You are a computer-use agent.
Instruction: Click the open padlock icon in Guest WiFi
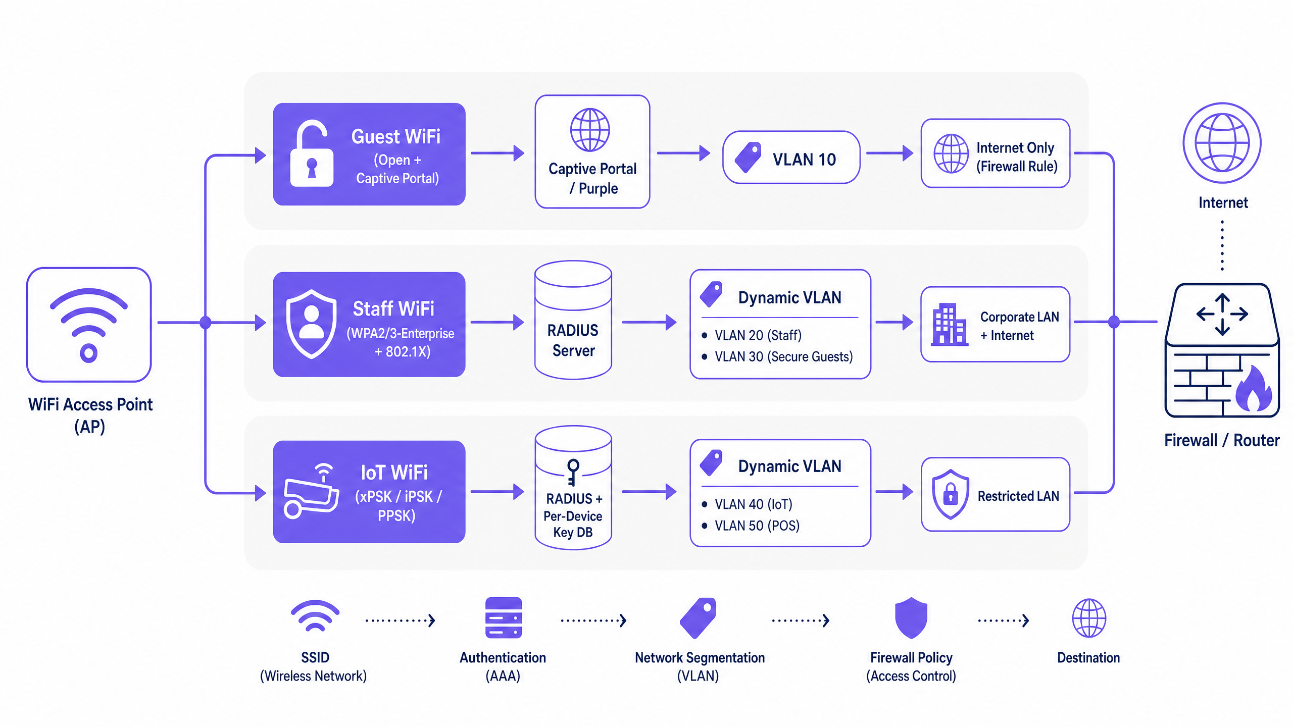coord(312,153)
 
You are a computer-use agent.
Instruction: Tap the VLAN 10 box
coord(791,158)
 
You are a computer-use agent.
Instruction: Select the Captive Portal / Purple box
coord(592,151)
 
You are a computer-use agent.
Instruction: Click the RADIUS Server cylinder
coord(573,320)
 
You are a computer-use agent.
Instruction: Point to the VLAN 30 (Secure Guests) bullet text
coord(783,356)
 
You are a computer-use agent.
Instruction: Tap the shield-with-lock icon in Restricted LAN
coord(951,494)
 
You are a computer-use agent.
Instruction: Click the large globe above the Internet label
coord(1222,143)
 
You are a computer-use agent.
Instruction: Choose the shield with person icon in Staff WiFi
coord(311,324)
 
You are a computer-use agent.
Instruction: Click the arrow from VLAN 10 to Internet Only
coord(889,152)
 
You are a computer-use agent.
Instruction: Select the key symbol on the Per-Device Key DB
coord(573,472)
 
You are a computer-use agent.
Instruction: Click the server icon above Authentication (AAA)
coord(504,618)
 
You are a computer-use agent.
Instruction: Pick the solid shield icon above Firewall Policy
coord(911,618)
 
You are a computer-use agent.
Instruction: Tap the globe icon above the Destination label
coord(1089,618)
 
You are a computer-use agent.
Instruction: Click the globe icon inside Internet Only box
coord(951,153)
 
